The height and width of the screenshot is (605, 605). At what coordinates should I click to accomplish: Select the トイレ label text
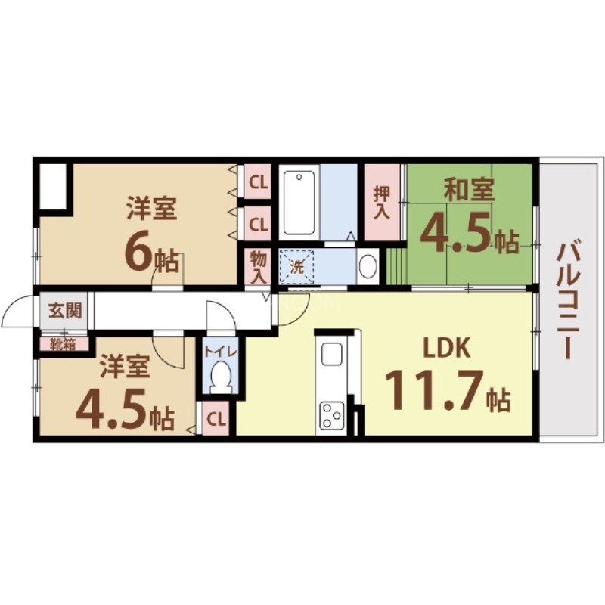[x=219, y=352]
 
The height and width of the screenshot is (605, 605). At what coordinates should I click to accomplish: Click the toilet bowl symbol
[x=220, y=377]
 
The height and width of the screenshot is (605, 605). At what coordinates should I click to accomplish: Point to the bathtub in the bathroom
[x=299, y=202]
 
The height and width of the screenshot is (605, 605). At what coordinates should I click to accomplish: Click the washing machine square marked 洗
[x=296, y=266]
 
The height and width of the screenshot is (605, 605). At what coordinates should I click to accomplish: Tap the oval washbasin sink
[x=368, y=266]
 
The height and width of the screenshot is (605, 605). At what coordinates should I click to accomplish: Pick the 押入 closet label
[x=383, y=201]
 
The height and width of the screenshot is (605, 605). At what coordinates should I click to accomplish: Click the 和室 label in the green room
[x=469, y=189]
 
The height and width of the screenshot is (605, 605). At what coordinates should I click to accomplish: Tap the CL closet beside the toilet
[x=216, y=418]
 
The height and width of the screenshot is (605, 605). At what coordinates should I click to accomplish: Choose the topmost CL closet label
[x=258, y=181]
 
